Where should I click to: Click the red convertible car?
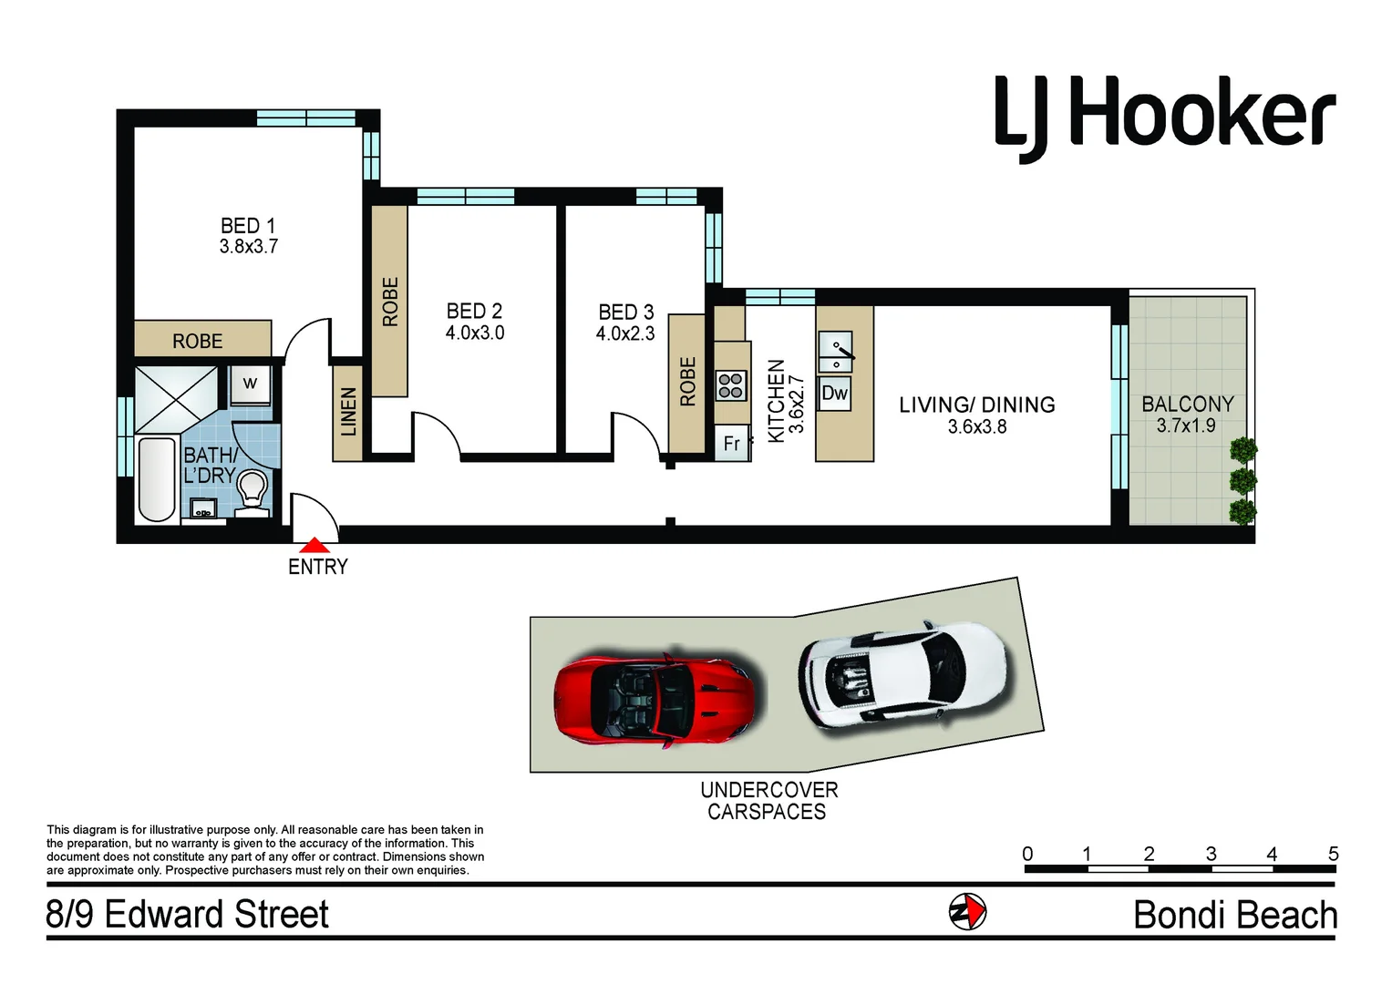654,698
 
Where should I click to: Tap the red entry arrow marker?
315,546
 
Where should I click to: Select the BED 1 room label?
248,225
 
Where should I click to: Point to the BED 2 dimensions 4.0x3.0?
474,333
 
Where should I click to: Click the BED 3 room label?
625,313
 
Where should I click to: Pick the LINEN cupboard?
347,412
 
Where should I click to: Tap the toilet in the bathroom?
253,492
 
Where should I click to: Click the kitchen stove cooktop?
731,385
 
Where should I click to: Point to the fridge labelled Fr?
731,444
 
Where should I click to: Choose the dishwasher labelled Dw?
834,394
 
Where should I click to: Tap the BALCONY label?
1187,404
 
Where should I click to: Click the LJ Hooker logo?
1164,116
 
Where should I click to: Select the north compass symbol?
967,912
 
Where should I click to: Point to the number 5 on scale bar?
1333,854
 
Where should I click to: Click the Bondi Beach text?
1234,915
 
